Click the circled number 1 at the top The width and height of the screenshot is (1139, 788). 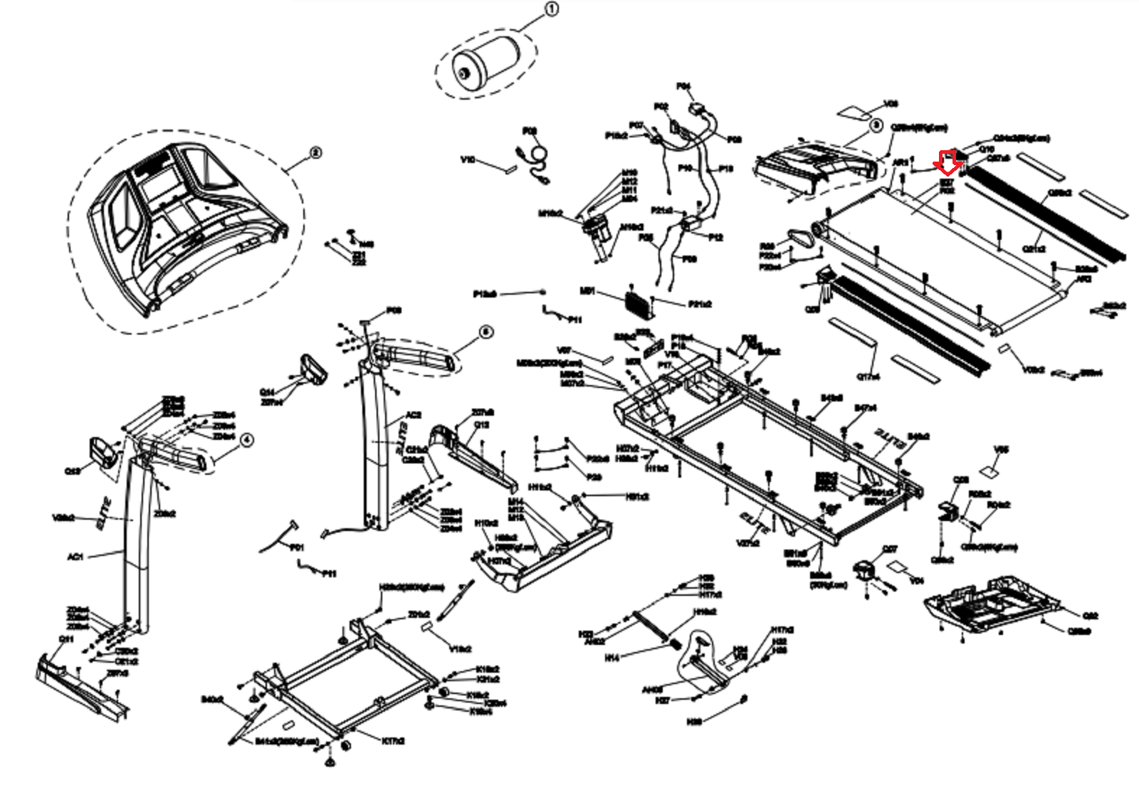551,9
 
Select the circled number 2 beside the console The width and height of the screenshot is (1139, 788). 315,152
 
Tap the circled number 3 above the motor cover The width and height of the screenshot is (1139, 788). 876,125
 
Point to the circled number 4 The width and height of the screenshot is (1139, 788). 246,440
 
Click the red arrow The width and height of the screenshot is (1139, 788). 950,163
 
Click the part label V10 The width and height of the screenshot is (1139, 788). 468,159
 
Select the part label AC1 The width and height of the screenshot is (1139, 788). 75,557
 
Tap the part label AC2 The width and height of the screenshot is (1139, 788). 413,414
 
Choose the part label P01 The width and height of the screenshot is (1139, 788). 297,547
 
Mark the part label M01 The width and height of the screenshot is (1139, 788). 587,291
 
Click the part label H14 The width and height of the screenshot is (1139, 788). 612,658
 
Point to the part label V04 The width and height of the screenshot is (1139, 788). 917,581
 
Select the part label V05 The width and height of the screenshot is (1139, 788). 1001,450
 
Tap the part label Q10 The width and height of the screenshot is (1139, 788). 987,149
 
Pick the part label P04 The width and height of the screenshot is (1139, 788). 683,86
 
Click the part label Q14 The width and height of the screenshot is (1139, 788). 267,392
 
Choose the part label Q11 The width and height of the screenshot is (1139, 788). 66,639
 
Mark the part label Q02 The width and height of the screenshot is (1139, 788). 1090,616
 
